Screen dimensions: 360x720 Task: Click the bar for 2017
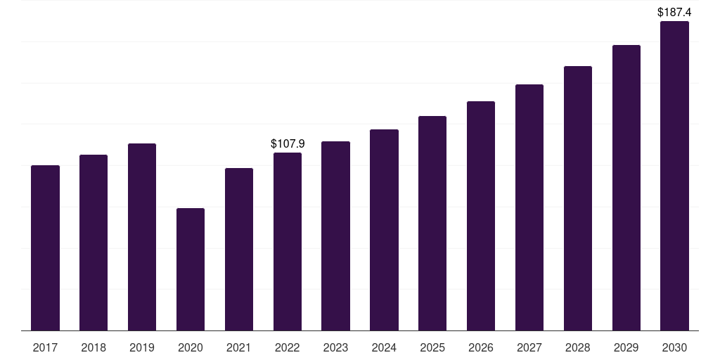click(45, 247)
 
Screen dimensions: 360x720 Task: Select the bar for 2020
click(191, 269)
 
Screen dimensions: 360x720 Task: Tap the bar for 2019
click(142, 237)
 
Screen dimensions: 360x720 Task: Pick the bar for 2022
click(288, 241)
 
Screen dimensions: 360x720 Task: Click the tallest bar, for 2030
click(674, 176)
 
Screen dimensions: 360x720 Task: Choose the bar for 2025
click(432, 223)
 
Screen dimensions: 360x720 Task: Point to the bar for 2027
click(529, 207)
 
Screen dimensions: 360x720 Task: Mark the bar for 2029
click(626, 188)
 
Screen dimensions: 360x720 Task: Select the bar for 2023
click(335, 236)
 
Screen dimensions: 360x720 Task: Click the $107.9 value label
click(288, 143)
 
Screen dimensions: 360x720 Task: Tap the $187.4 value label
click(674, 12)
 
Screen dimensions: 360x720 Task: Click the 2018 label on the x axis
click(94, 347)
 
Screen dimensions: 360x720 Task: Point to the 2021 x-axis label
click(239, 347)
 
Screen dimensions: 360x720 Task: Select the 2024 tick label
click(384, 347)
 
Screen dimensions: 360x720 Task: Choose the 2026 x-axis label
click(481, 347)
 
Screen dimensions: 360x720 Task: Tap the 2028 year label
click(578, 347)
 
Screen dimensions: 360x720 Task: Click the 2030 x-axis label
click(674, 347)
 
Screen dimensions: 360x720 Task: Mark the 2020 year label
click(191, 347)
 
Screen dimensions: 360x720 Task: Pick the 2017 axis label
click(45, 347)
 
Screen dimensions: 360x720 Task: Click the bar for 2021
click(239, 249)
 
